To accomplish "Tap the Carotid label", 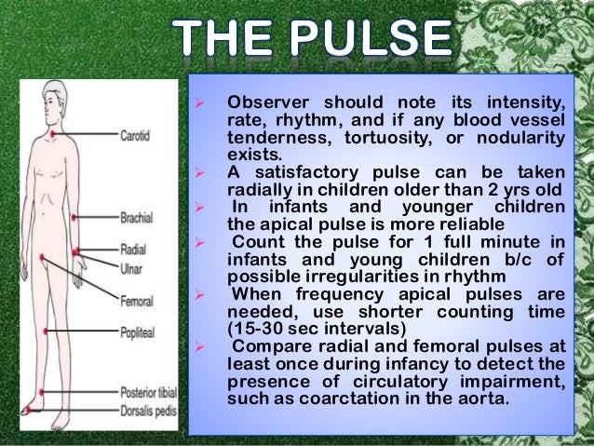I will click(138, 134).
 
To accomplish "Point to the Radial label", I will click(133, 250).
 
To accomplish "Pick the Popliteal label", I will click(139, 331).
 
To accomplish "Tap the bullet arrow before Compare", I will click(209, 347).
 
